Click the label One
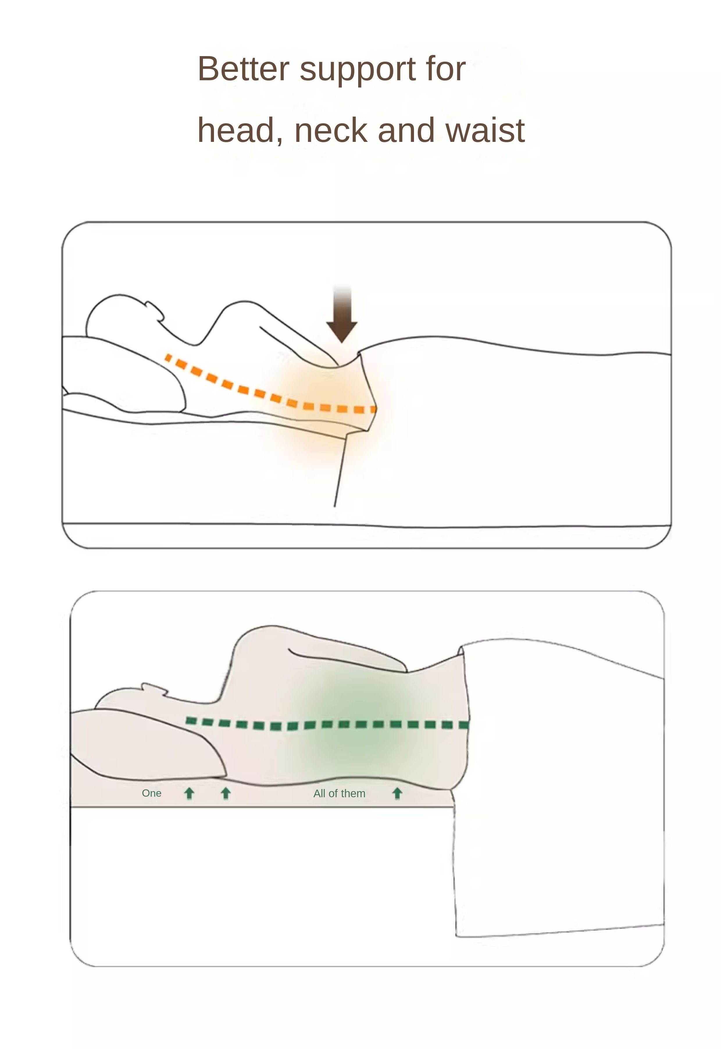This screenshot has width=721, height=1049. (151, 793)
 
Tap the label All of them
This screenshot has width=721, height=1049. (339, 794)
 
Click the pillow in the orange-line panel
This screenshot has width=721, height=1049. (122, 375)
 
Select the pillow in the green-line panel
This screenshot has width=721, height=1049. (144, 745)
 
